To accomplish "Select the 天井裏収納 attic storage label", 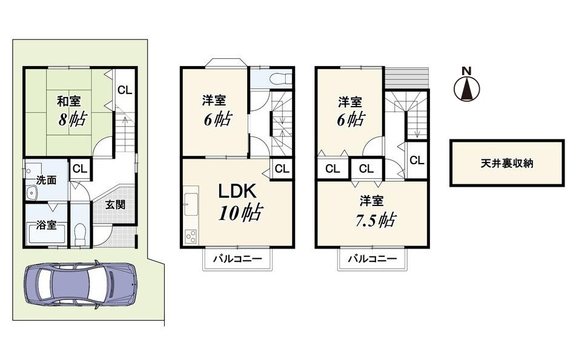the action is [x=507, y=163].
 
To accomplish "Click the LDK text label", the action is [x=237, y=192].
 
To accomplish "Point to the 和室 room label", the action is [x=68, y=101].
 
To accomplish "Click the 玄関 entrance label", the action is [x=115, y=204].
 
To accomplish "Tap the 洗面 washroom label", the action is [x=46, y=180].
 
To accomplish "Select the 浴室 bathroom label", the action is [x=46, y=225].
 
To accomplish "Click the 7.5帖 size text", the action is [x=375, y=220].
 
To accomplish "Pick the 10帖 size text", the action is [x=240, y=212].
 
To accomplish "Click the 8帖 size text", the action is [x=73, y=119].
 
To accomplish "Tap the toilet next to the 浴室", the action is [x=80, y=235].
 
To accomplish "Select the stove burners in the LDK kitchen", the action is [x=191, y=236].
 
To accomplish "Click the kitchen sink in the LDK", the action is [x=191, y=204].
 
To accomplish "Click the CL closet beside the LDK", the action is [x=282, y=168].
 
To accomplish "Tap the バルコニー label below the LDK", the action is [x=237, y=259].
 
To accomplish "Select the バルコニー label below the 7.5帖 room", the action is [x=372, y=259].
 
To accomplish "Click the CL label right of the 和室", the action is [x=125, y=90].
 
